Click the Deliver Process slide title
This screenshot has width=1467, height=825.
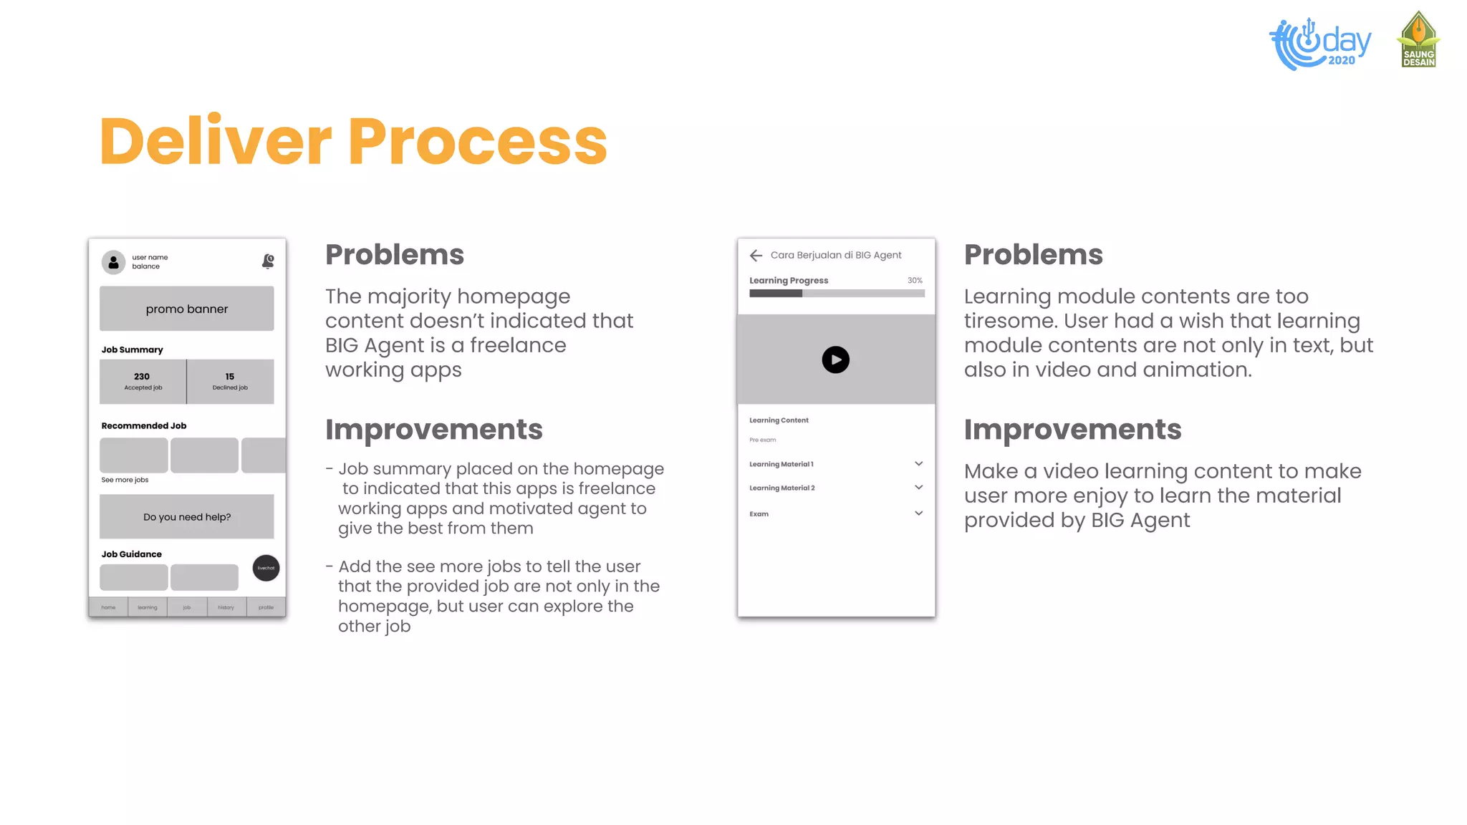click(x=353, y=141)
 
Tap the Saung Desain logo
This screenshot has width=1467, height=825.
click(x=1418, y=40)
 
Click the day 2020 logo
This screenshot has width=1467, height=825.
click(x=1320, y=44)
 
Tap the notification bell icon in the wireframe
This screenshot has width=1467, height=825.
click(x=268, y=261)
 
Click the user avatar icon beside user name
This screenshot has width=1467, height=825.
click(x=113, y=262)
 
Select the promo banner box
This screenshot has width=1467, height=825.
click(x=186, y=309)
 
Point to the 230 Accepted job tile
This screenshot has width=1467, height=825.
click(x=143, y=381)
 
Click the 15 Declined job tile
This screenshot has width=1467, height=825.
click(x=230, y=381)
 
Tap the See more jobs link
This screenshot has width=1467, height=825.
click(x=125, y=480)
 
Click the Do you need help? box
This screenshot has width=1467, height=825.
click(x=186, y=516)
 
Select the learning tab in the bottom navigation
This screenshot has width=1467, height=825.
click(x=148, y=607)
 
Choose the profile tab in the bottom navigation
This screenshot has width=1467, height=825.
click(x=266, y=607)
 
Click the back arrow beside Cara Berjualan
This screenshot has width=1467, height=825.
click(x=756, y=255)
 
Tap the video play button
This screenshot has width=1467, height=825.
click(x=835, y=360)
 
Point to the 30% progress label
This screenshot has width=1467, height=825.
click(x=915, y=280)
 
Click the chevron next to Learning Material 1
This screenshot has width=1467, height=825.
click(x=918, y=464)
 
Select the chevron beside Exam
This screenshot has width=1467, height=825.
click(x=918, y=513)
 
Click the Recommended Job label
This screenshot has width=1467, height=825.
click(x=144, y=425)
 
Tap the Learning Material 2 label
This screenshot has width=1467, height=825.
click(x=782, y=488)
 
